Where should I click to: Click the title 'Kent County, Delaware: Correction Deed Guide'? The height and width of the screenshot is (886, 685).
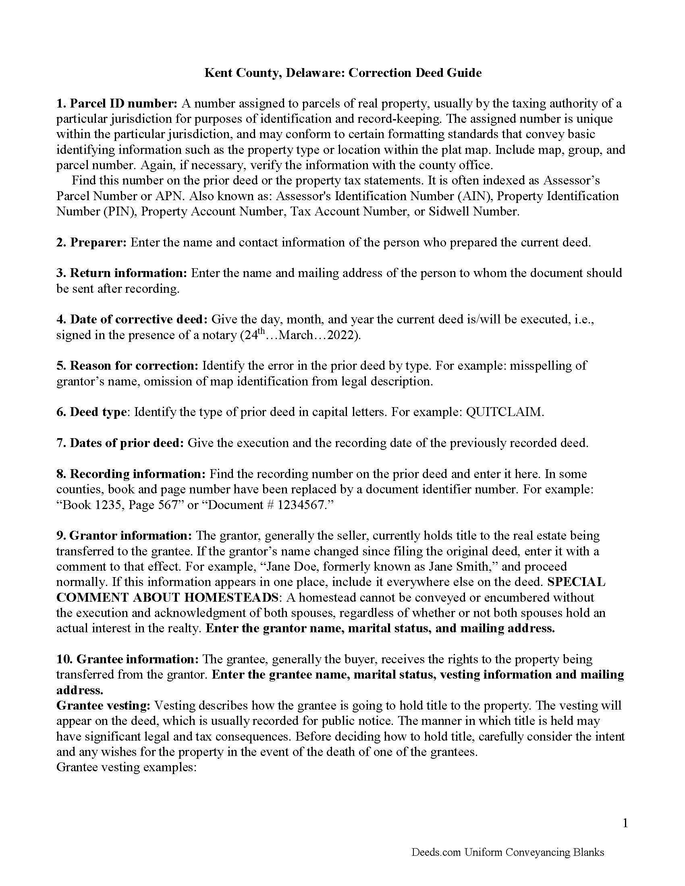click(342, 73)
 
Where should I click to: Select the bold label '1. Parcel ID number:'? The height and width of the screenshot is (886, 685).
click(117, 104)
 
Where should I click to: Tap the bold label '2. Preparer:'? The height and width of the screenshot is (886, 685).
click(92, 242)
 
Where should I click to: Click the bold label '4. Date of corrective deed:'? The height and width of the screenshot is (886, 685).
click(132, 320)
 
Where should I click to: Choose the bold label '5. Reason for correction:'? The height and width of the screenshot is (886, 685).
click(127, 366)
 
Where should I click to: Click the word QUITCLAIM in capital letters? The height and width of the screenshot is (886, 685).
click(504, 412)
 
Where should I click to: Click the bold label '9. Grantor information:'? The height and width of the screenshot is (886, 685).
click(124, 536)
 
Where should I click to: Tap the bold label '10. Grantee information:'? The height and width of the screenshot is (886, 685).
click(127, 660)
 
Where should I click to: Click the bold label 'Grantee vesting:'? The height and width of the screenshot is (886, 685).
click(104, 706)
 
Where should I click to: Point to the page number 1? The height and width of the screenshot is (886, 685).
click(625, 823)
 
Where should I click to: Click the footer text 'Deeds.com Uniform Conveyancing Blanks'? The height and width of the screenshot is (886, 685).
click(508, 852)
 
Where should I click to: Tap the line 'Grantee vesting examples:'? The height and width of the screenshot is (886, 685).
click(126, 768)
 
